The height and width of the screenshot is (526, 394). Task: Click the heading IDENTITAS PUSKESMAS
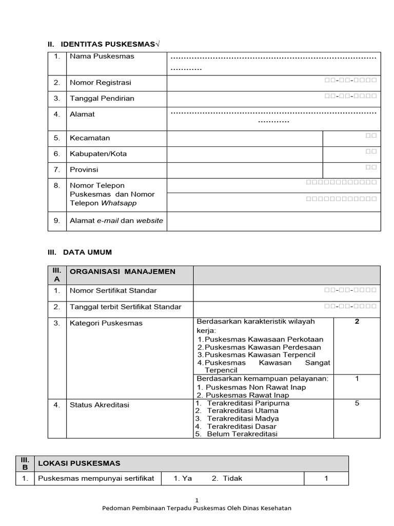(x=108, y=45)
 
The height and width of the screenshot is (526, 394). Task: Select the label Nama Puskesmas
(x=102, y=56)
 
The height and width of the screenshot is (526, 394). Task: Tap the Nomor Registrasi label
(x=101, y=82)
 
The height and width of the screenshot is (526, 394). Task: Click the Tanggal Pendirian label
(x=102, y=98)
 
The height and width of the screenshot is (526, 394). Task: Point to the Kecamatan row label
(x=90, y=138)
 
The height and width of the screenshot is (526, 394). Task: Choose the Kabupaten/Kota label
(x=98, y=154)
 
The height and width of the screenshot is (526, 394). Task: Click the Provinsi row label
(x=84, y=170)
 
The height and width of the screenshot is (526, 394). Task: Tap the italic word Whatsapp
(x=119, y=203)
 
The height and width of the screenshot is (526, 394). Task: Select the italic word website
(x=149, y=220)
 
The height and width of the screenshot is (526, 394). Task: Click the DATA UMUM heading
(x=87, y=252)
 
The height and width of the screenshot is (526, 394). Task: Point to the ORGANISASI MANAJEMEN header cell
(x=122, y=271)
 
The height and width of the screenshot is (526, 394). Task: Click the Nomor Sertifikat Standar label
(x=113, y=290)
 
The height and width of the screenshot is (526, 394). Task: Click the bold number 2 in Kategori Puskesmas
(x=357, y=322)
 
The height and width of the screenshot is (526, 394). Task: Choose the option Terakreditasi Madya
(x=243, y=418)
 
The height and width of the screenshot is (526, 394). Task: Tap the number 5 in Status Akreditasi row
(x=357, y=403)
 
